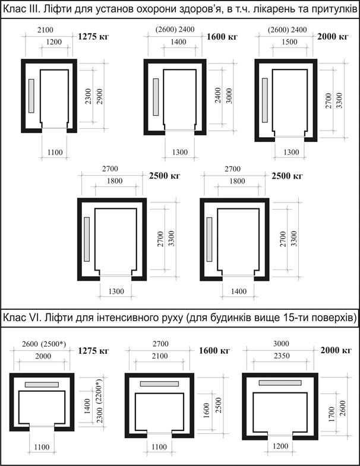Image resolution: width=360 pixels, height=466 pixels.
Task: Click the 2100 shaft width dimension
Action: point(45,30)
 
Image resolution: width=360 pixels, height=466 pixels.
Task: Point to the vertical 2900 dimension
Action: point(100,96)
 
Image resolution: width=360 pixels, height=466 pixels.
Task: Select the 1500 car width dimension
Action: point(289,42)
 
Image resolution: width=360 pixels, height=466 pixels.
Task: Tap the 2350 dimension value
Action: point(281,356)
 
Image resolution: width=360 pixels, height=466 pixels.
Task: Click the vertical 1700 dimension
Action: point(331,414)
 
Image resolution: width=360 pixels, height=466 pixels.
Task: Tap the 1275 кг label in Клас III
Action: point(93,37)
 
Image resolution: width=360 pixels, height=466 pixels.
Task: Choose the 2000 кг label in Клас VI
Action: point(336,350)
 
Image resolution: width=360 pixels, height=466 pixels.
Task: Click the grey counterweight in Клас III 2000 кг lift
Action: point(265,100)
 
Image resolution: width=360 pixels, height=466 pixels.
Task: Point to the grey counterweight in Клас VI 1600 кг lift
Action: point(159,383)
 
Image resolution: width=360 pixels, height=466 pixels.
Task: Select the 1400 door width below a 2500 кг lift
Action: point(239,291)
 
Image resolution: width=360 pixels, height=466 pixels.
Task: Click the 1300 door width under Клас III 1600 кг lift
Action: point(179,153)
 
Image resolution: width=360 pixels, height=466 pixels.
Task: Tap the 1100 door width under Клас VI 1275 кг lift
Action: point(42,447)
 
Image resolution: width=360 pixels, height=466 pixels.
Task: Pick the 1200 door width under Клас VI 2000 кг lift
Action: point(280,446)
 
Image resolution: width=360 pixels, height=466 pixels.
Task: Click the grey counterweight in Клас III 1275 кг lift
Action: point(31,96)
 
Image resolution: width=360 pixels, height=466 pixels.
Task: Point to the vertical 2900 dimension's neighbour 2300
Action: point(89,96)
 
